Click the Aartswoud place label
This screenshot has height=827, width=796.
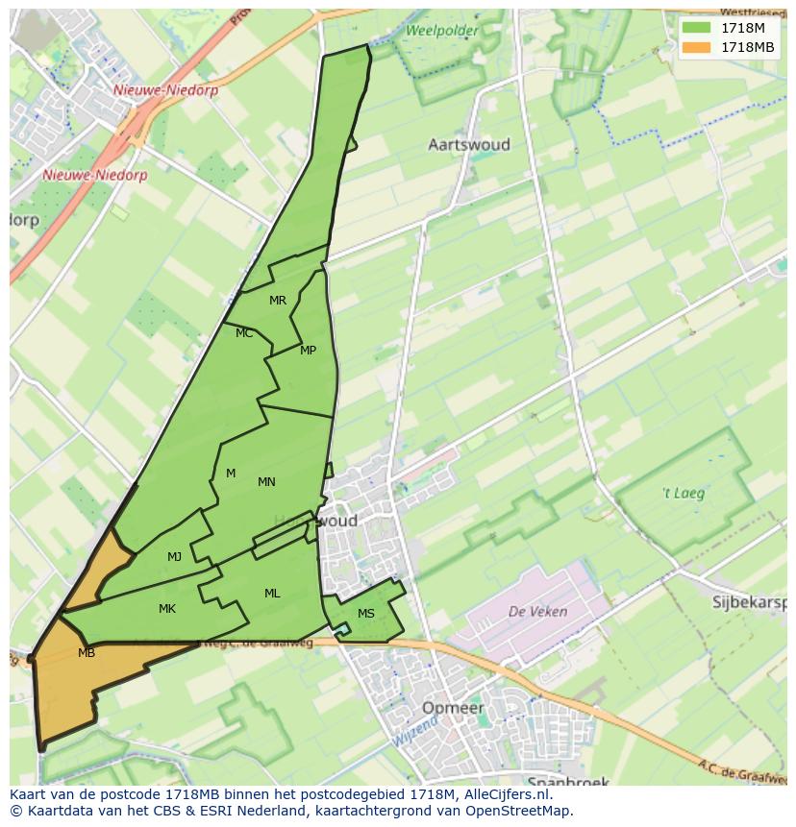[x=468, y=145]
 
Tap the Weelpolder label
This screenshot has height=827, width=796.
[x=442, y=31]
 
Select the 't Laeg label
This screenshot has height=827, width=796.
[x=684, y=494]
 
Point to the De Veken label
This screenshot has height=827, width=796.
[x=537, y=611]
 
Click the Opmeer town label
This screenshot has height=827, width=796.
[x=453, y=708]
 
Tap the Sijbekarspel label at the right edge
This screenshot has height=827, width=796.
[x=750, y=603]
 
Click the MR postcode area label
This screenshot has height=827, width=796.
[x=278, y=301]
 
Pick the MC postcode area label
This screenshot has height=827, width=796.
[x=244, y=333]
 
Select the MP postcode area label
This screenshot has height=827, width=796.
[x=308, y=351]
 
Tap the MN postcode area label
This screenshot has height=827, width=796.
[x=266, y=482]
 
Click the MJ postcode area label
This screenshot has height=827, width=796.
[x=174, y=557]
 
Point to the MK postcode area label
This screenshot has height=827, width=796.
[x=167, y=609]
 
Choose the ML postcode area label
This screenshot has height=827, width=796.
[x=272, y=594]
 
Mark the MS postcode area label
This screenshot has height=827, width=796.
[x=366, y=614]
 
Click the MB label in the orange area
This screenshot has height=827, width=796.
[x=87, y=653]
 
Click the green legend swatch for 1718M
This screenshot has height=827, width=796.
[x=697, y=28]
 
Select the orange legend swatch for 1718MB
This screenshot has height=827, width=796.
[x=697, y=47]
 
